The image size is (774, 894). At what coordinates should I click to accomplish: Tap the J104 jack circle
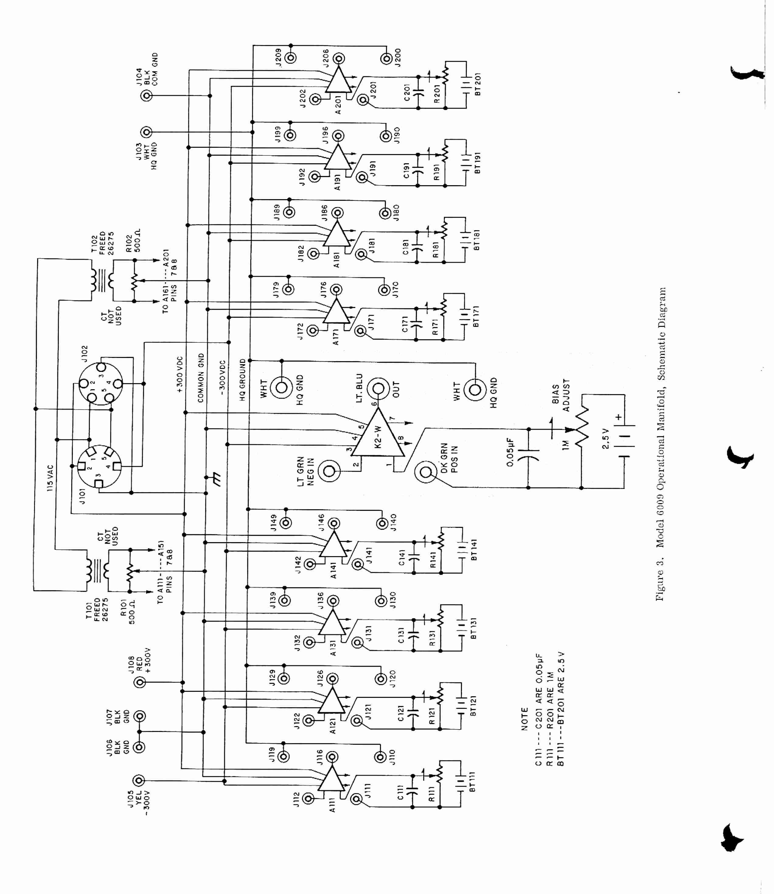pos(147,96)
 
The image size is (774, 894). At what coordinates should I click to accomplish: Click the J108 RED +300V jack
pos(140,682)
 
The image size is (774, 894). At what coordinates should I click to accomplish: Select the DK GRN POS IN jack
pos(425,472)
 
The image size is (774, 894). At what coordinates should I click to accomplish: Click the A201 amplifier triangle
pos(338,80)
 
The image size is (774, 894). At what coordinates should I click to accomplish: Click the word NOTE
pos(525,719)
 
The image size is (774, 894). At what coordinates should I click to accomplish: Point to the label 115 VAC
pos(51,478)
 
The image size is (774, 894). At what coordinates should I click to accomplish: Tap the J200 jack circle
pos(386,58)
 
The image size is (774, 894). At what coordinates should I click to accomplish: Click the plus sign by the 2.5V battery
pos(619,417)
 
